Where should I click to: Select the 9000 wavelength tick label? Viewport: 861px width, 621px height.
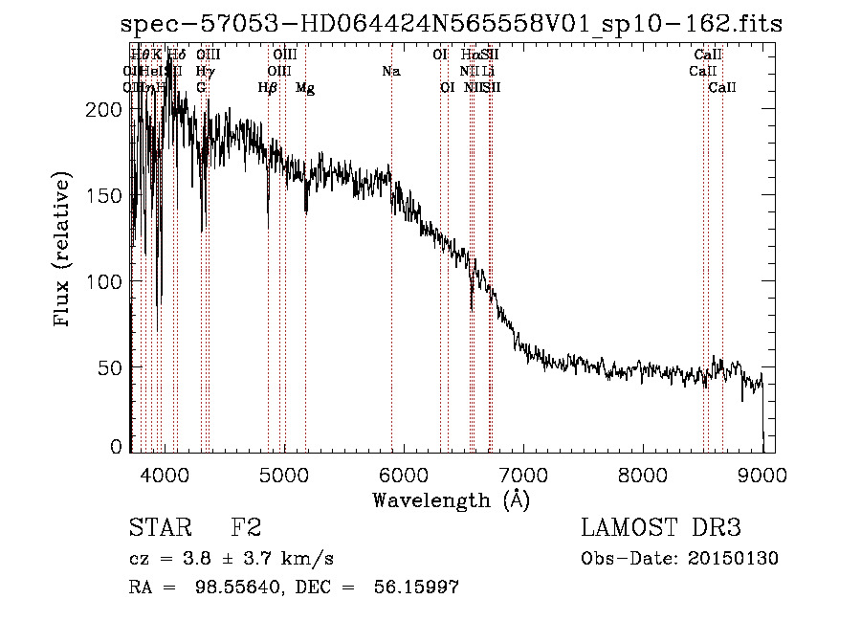[x=761, y=474]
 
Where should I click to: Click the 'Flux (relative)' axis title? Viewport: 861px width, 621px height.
[x=64, y=251]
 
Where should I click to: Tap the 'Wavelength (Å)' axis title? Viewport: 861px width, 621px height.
[x=451, y=499]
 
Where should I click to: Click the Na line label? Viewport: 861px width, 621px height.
[x=390, y=71]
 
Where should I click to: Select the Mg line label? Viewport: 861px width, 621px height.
[x=305, y=88]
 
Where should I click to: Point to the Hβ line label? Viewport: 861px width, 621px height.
[x=268, y=88]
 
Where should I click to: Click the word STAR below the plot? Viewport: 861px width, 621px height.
[x=157, y=528]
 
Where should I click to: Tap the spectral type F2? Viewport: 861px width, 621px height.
[x=246, y=528]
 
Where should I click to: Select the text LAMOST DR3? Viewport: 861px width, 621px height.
[x=660, y=528]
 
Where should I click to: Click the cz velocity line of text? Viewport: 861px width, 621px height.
[x=231, y=559]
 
